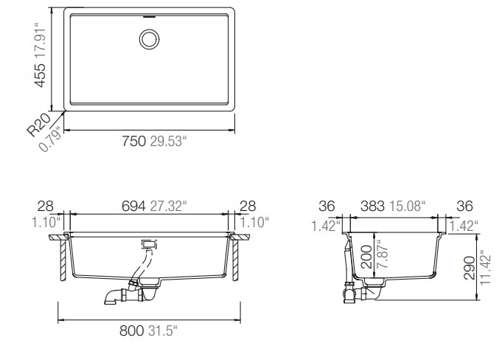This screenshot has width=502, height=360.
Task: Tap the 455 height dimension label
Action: pyautogui.click(x=41, y=75)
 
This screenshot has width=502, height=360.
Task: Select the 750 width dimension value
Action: pyautogui.click(x=134, y=141)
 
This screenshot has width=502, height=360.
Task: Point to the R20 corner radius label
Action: pyautogui.click(x=38, y=125)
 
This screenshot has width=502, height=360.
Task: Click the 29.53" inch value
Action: pyautogui.click(x=168, y=141)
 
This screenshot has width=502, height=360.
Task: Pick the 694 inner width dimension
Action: pyautogui.click(x=133, y=206)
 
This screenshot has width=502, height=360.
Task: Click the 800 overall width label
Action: pyautogui.click(x=132, y=330)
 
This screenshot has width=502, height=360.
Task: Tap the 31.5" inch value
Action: pyautogui.click(x=163, y=330)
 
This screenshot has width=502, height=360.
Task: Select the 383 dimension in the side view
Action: pyautogui.click(x=372, y=207)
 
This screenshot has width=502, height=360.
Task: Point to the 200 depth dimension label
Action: pyautogui.click(x=366, y=257)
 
